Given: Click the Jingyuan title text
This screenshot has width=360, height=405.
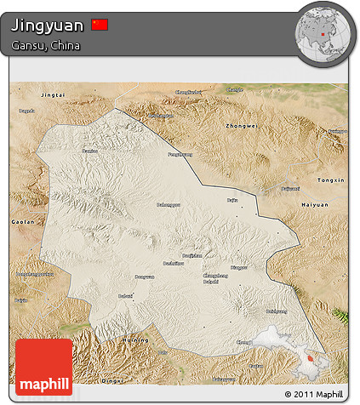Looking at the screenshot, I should [x=48, y=26].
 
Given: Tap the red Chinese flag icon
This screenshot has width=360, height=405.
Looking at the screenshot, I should [x=100, y=26].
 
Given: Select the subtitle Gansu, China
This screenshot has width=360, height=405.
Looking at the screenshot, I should [x=46, y=46].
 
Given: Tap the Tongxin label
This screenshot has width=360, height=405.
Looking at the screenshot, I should [x=330, y=180].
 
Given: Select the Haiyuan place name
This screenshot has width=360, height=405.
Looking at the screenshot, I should [x=316, y=206].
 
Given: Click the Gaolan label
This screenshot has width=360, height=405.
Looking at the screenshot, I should [x=23, y=221].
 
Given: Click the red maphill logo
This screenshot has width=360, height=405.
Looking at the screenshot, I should [x=43, y=367].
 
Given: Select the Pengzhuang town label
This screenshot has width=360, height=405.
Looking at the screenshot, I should [x=179, y=155].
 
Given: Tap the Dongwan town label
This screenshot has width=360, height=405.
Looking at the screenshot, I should [x=144, y=277].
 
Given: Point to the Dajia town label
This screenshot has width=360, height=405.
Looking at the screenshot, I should [x=232, y=200].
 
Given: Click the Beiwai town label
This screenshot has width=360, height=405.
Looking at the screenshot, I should [x=125, y=296].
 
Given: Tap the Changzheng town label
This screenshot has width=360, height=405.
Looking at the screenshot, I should [x=215, y=275].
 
